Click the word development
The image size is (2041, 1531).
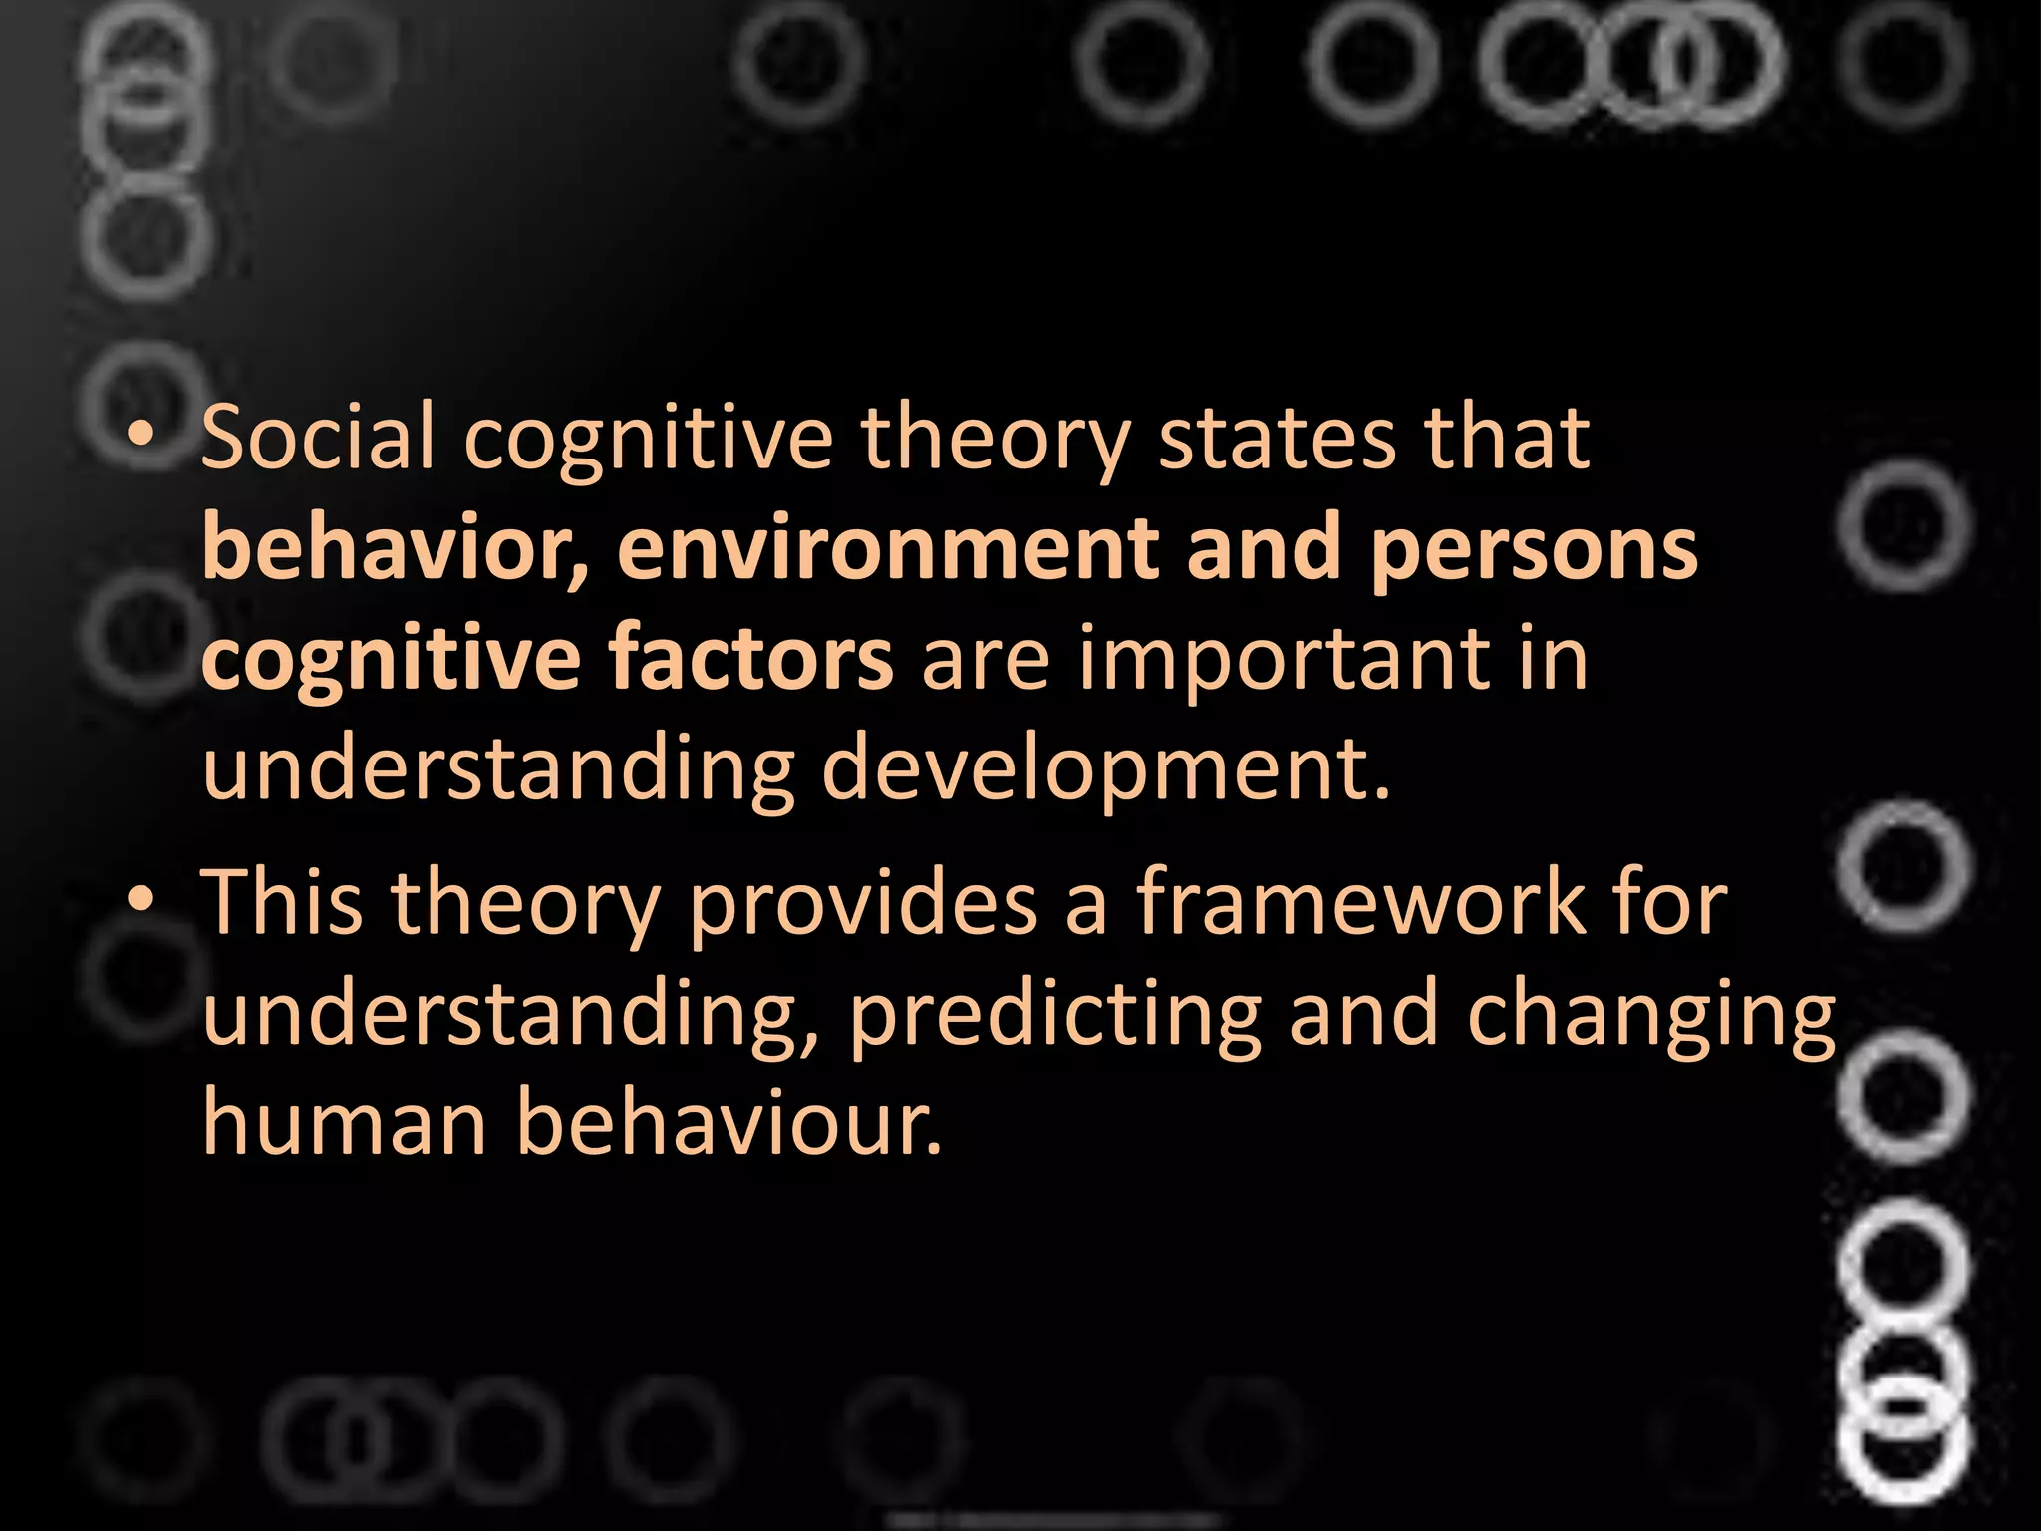[1104, 769]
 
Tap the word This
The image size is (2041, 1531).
[282, 901]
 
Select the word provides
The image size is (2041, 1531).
[862, 903]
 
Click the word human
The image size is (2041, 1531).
[344, 1122]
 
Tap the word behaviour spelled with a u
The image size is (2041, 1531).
[728, 1122]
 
